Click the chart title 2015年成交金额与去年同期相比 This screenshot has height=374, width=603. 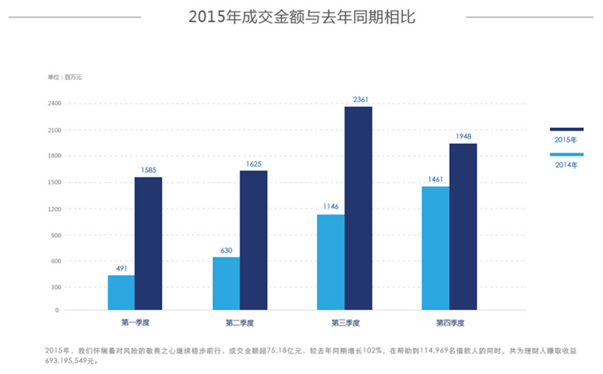click(301, 17)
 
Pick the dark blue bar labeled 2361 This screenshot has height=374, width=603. click(358, 208)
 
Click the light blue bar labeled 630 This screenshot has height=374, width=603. click(226, 283)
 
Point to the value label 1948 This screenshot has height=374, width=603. click(463, 136)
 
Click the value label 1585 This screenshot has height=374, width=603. click(148, 170)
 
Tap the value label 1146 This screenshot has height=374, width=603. click(331, 207)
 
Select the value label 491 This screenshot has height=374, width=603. click(121, 268)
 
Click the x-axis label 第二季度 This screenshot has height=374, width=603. click(240, 322)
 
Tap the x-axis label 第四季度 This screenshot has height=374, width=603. click(449, 322)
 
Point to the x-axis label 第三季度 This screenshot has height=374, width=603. click(344, 322)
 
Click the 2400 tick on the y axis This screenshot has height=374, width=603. click(54, 104)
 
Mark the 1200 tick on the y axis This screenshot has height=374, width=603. click(54, 209)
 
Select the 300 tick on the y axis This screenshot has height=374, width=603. click(55, 288)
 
